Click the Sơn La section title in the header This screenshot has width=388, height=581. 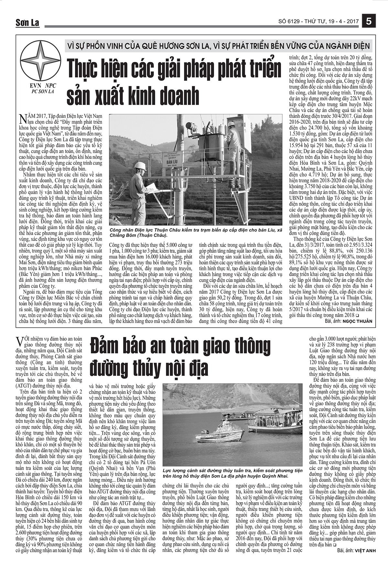coord(27,23)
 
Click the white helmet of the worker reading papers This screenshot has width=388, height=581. coord(140,166)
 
